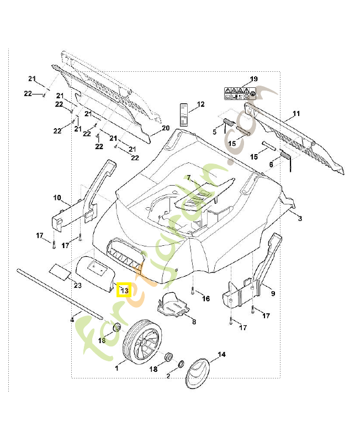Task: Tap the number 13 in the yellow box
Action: [124, 291]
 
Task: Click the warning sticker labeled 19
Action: [239, 93]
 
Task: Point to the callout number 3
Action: [300, 219]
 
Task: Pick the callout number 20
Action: [165, 128]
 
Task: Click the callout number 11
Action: [296, 114]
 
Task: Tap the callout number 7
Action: [188, 178]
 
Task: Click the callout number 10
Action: [57, 198]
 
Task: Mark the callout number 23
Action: [77, 285]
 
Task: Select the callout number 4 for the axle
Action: [72, 319]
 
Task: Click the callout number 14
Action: [222, 354]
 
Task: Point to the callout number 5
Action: [215, 131]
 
